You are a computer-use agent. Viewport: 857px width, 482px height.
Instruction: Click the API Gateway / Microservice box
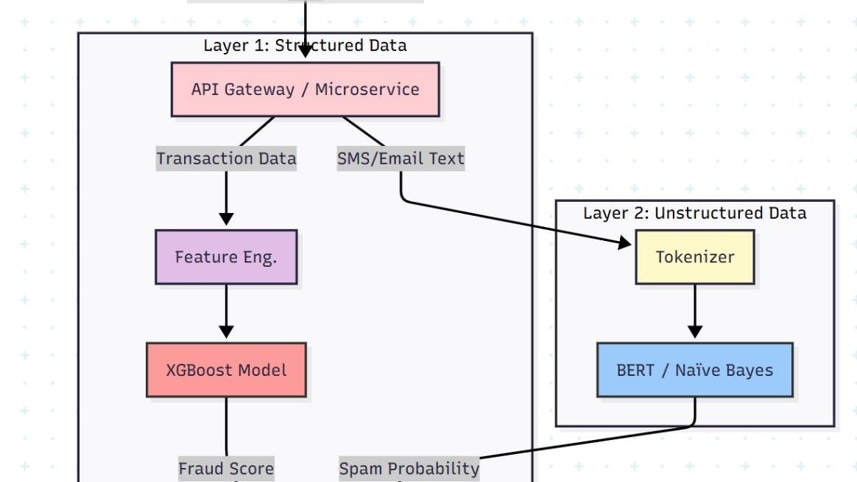[305, 89]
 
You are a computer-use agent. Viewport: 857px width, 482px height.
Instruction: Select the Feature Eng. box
[226, 257]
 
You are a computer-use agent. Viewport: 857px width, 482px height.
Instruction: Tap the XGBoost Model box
[226, 370]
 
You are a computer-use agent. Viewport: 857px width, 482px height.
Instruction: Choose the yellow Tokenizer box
[694, 257]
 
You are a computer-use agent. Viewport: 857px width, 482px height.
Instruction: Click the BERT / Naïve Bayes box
[694, 370]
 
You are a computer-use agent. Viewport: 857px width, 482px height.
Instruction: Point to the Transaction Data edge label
[226, 158]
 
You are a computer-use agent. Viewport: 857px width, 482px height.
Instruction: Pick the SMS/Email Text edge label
[401, 158]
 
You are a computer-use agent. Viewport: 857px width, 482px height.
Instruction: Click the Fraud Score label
[226, 468]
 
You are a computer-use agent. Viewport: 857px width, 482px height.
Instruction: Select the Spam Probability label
[409, 468]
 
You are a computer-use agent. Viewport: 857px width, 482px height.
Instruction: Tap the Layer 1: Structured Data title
[305, 46]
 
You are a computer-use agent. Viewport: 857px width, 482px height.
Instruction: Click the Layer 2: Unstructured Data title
[694, 213]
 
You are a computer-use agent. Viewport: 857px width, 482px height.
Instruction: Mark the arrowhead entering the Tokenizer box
[626, 242]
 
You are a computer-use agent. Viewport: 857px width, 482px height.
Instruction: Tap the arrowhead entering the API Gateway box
[305, 52]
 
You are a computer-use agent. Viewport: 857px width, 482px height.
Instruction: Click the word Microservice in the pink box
[367, 89]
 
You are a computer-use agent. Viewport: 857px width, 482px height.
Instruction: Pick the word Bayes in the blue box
[747, 370]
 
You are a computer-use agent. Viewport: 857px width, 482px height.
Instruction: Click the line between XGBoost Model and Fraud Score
[226, 427]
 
